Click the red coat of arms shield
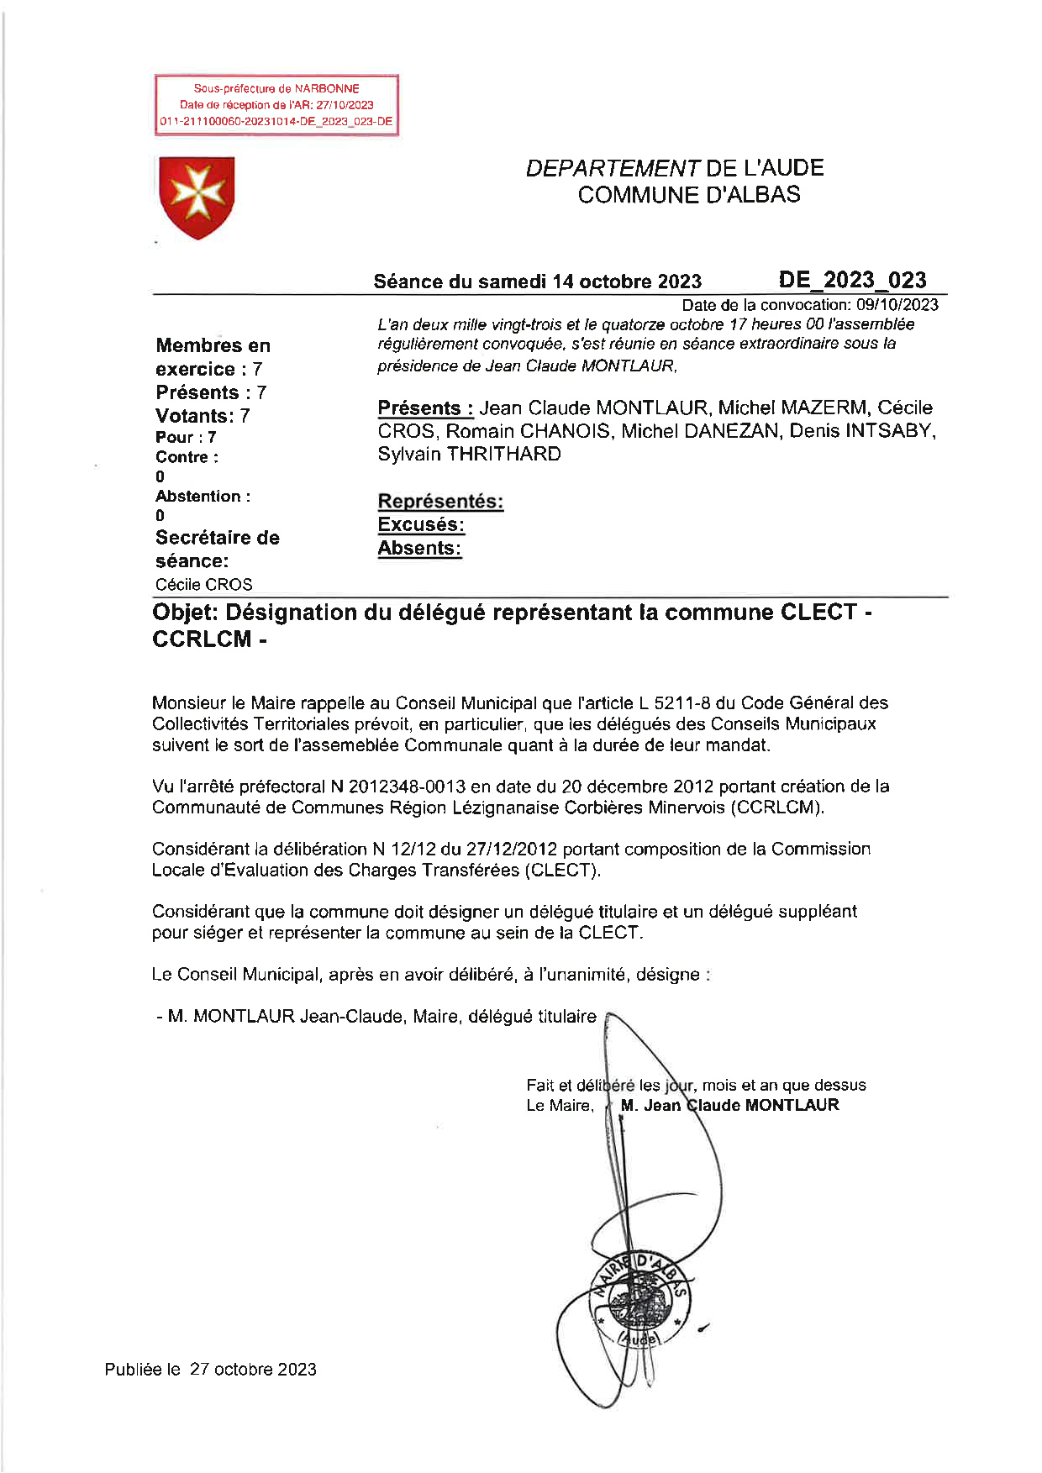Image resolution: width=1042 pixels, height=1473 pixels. click(x=197, y=197)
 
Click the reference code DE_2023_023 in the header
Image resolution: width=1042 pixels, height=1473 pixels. click(x=852, y=280)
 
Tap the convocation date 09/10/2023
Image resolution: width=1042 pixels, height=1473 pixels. click(x=897, y=304)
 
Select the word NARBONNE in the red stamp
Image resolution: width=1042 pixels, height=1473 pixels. click(x=327, y=88)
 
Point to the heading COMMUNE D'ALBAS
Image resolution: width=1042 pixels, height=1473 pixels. click(x=688, y=195)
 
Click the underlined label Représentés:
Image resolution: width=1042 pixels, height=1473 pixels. click(x=440, y=502)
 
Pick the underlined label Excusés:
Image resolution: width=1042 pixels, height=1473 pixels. click(x=421, y=525)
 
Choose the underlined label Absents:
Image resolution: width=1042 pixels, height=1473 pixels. click(x=419, y=549)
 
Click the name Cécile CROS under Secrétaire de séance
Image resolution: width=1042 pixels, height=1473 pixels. click(x=203, y=585)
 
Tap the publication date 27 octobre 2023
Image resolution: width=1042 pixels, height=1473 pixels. click(x=253, y=1369)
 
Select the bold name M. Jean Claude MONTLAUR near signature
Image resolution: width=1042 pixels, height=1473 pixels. click(x=729, y=1105)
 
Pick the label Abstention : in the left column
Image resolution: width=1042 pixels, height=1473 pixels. click(x=203, y=497)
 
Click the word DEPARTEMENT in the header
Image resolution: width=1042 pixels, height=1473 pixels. click(x=613, y=168)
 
